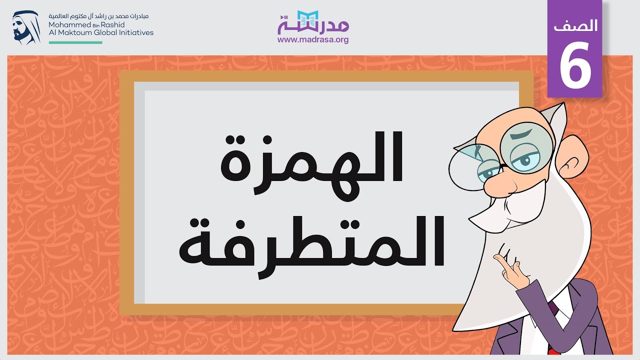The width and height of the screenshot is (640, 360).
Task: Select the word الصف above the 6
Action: pos(575,26)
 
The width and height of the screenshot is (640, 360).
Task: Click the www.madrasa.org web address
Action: pos(313,39)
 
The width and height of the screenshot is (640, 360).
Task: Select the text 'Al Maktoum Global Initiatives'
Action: pos(101,32)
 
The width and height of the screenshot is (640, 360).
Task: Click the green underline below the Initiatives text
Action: pos(75,42)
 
